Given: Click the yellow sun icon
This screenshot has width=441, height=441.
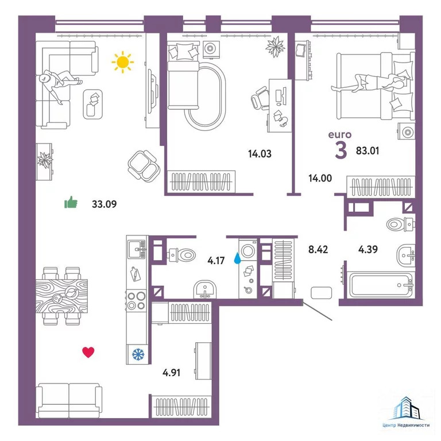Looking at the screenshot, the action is click(123, 62).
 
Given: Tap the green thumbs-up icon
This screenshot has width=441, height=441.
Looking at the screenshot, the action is click(71, 202).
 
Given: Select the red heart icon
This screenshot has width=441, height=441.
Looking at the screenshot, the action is click(88, 352).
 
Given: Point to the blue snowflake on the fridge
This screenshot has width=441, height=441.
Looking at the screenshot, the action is click(138, 354).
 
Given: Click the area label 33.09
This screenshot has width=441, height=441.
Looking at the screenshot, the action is click(105, 204).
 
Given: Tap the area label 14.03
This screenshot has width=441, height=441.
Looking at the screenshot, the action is click(260, 154).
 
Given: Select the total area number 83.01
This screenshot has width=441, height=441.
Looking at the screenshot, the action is click(367, 151).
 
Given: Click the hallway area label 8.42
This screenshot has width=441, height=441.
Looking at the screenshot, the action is click(318, 249).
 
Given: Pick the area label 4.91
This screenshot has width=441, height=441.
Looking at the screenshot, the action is click(171, 373).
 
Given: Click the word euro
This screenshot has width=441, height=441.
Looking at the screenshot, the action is click(340, 135).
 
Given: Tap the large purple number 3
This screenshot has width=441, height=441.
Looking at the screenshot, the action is click(341, 151).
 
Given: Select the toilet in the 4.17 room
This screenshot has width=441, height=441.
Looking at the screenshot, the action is click(181, 255).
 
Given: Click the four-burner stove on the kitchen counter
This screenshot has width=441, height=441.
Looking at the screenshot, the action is click(137, 301).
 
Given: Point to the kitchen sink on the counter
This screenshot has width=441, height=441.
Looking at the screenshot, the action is click(137, 249).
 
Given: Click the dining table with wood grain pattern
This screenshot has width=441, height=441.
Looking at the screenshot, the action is click(61, 296).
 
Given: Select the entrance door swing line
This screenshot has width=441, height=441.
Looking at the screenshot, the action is click(317, 311).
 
